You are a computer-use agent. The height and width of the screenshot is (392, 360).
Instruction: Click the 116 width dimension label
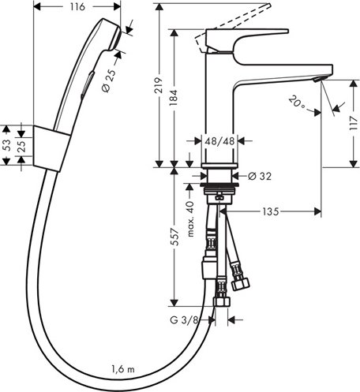click(77, 7)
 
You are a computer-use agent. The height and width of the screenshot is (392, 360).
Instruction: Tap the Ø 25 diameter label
click(109, 80)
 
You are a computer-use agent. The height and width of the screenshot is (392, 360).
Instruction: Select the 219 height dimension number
click(159, 85)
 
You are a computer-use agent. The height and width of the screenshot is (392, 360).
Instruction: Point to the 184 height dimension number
click(174, 98)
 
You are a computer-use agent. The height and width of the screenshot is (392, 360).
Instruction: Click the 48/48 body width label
click(219, 141)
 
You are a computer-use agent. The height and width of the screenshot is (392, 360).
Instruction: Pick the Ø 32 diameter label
click(260, 176)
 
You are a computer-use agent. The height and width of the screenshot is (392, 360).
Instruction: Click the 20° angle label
click(297, 103)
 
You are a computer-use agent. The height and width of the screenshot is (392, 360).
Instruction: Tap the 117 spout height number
click(354, 124)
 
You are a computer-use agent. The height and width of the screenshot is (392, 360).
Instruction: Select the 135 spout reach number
click(271, 211)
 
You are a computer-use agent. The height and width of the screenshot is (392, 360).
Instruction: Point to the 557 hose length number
click(174, 237)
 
